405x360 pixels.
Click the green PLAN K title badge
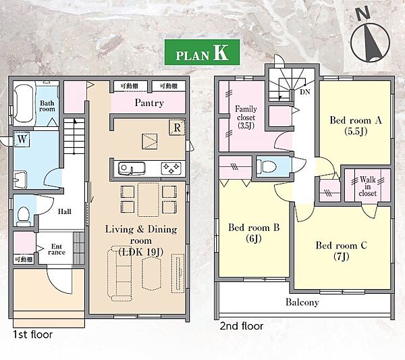pyautogui.click(x=202, y=52)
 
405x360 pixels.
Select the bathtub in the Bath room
pyautogui.click(x=24, y=103)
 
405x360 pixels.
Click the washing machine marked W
pyautogui.click(x=22, y=139)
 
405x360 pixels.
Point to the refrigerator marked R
pyautogui.click(x=177, y=128)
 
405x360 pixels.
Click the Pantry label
pyautogui.click(x=149, y=103)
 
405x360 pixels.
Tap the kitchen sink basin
pyautogui.click(x=132, y=168)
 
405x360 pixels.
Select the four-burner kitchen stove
pyautogui.click(x=171, y=168)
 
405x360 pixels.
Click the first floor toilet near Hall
pyautogui.click(x=24, y=215)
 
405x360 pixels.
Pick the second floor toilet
pyautogui.click(x=267, y=166)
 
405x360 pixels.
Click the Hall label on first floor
pyautogui.click(x=64, y=211)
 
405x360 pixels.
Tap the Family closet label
pyautogui.click(x=246, y=118)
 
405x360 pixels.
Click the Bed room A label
pyautogui.click(x=356, y=126)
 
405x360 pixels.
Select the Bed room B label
pyautogui.click(x=254, y=232)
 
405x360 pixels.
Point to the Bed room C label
pyautogui.click(x=341, y=250)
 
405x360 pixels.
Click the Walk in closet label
pyautogui.click(x=368, y=186)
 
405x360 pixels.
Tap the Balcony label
pyautogui.click(x=302, y=302)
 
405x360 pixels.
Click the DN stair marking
pyautogui.click(x=305, y=92)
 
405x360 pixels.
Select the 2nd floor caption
pyautogui.click(x=242, y=326)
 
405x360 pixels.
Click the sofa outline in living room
pyautogui.click(x=119, y=274)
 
